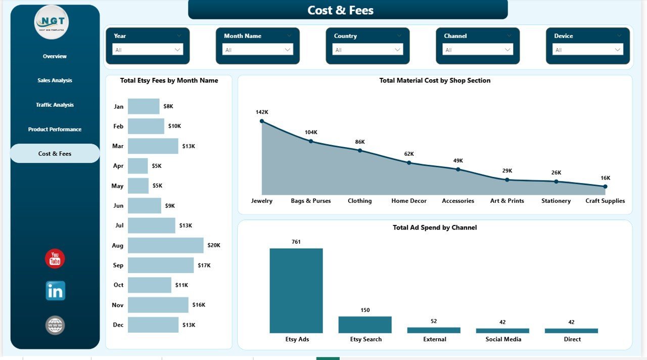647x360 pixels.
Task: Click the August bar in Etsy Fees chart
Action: pyautogui.click(x=165, y=245)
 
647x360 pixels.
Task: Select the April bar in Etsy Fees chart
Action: pyautogui.click(x=137, y=166)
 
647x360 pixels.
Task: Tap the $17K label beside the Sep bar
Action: pyautogui.click(x=204, y=265)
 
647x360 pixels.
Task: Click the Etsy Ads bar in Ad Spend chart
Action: pyautogui.click(x=296, y=290)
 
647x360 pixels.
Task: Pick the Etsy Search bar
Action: pyautogui.click(x=365, y=325)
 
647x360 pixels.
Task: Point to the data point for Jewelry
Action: pyautogui.click(x=262, y=121)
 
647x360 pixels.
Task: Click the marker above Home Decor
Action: pyautogui.click(x=409, y=163)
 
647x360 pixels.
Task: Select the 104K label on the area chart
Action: pyautogui.click(x=311, y=132)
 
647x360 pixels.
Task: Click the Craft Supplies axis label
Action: pyautogui.click(x=605, y=201)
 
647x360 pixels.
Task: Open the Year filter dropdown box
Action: pyautogui.click(x=148, y=50)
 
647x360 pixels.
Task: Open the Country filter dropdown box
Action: pyautogui.click(x=367, y=50)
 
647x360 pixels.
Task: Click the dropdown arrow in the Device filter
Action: pyautogui.click(x=618, y=50)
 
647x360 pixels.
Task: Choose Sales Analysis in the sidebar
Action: pyautogui.click(x=55, y=80)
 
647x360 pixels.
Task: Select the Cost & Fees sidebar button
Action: pyautogui.click(x=55, y=154)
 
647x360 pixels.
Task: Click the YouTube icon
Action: pyautogui.click(x=55, y=259)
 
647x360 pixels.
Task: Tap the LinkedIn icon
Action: pyautogui.click(x=55, y=291)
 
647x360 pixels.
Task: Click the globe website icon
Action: pyautogui.click(x=55, y=325)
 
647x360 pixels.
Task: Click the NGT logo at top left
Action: pyautogui.click(x=52, y=22)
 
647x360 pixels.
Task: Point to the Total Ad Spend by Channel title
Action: pyautogui.click(x=435, y=228)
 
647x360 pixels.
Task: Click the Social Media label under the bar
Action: pyautogui.click(x=503, y=339)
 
